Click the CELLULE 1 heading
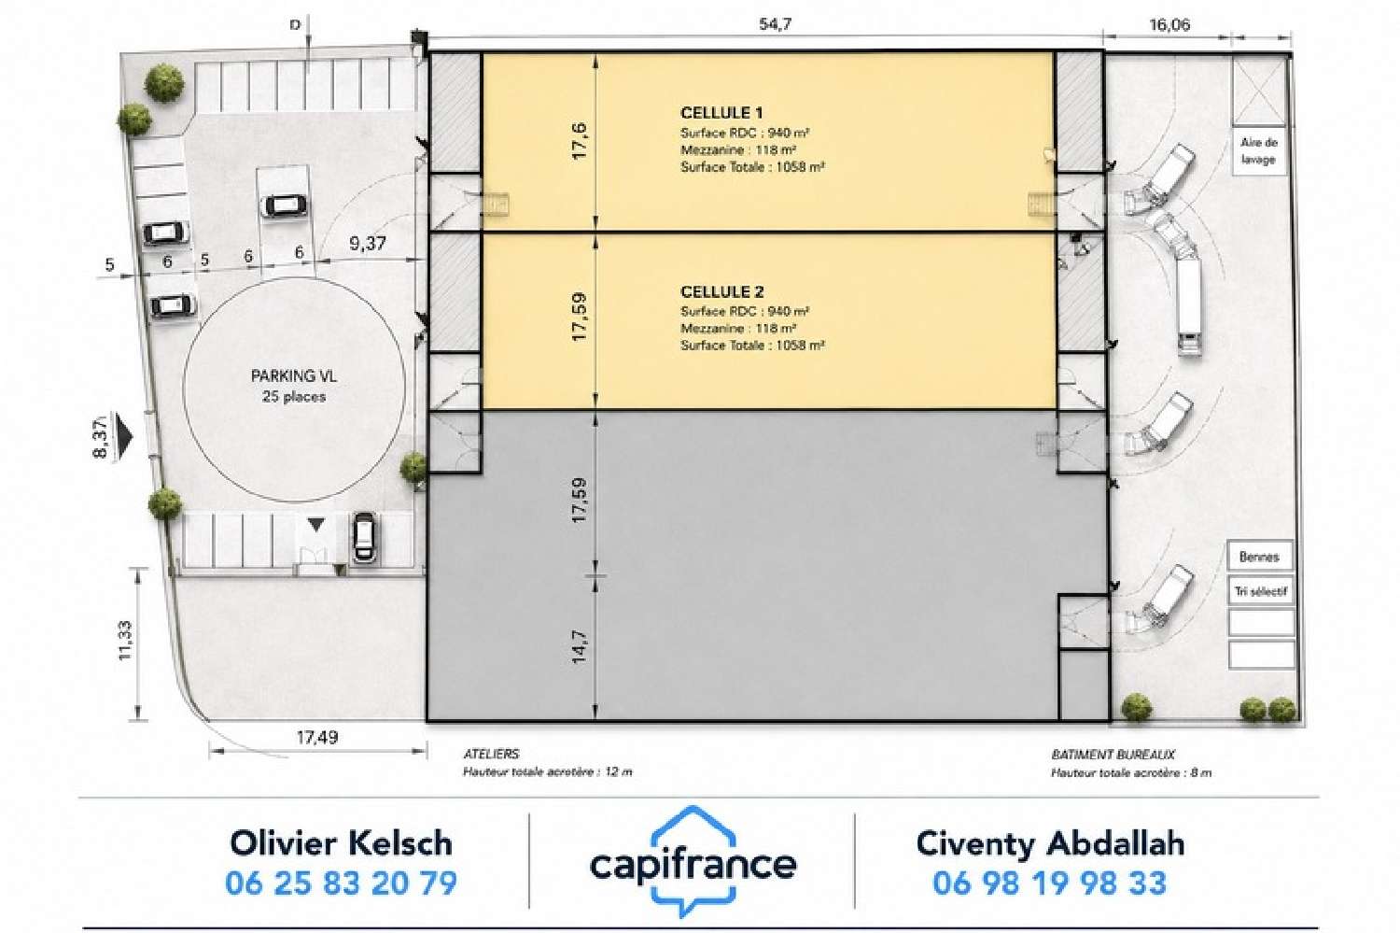click(x=721, y=113)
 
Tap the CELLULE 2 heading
click(x=721, y=292)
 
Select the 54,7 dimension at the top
click(x=775, y=24)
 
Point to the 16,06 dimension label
click(x=1169, y=25)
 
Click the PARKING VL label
click(x=294, y=375)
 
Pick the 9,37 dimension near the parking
click(x=368, y=243)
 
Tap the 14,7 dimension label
click(x=580, y=646)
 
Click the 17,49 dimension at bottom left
click(x=317, y=737)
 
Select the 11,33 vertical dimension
click(x=125, y=641)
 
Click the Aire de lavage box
click(x=1259, y=151)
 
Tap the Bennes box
click(x=1259, y=557)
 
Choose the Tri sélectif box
click(x=1261, y=591)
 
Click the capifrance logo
click(x=693, y=862)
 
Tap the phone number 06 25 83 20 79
click(x=342, y=883)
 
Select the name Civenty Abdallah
click(x=1050, y=843)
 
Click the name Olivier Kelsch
click(x=342, y=843)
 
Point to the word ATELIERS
click(x=491, y=755)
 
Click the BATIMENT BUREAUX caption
click(x=1113, y=755)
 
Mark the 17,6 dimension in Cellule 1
click(x=580, y=141)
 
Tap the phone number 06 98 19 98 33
click(x=1049, y=883)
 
